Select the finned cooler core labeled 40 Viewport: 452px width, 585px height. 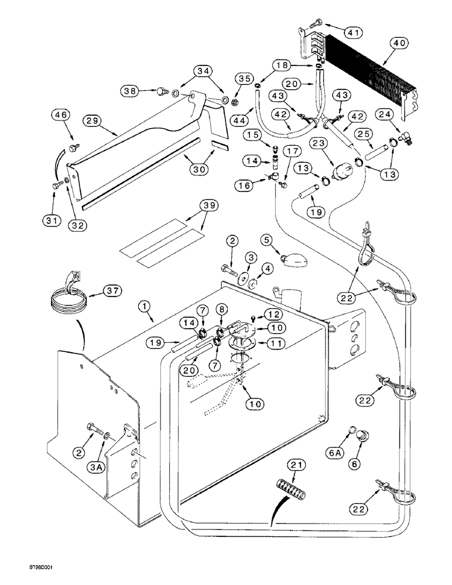[x=375, y=76]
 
